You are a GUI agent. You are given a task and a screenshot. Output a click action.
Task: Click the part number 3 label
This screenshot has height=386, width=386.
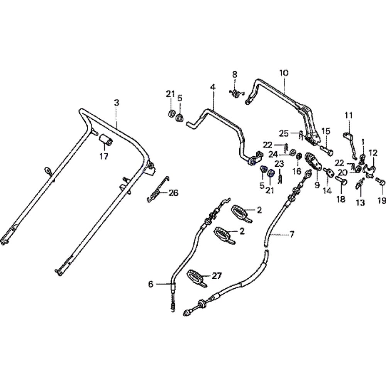(x=117, y=103)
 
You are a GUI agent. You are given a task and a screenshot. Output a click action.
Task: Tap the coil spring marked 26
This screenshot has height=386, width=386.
(x=156, y=191)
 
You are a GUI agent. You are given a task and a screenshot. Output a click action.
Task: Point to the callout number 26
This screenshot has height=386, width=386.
(x=173, y=193)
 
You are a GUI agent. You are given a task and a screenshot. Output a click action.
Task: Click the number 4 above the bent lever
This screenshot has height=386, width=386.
(x=213, y=87)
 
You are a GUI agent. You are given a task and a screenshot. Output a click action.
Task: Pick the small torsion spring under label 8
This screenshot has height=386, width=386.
(x=236, y=93)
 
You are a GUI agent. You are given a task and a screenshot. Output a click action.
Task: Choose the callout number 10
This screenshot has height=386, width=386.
(x=283, y=73)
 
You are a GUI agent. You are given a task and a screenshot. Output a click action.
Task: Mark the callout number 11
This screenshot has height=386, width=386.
(x=349, y=115)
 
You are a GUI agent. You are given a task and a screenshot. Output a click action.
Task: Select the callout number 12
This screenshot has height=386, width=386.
(x=373, y=153)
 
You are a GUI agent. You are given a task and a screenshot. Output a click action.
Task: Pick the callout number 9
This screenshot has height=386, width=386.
(x=317, y=185)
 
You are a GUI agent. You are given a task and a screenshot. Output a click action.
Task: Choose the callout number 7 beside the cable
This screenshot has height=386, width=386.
(x=292, y=234)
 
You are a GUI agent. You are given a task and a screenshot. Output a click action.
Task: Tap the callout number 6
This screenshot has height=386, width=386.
(x=151, y=284)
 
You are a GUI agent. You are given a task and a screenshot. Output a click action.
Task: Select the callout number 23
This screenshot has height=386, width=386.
(x=279, y=163)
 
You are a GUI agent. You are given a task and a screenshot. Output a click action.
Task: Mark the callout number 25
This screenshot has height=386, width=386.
(x=284, y=134)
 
